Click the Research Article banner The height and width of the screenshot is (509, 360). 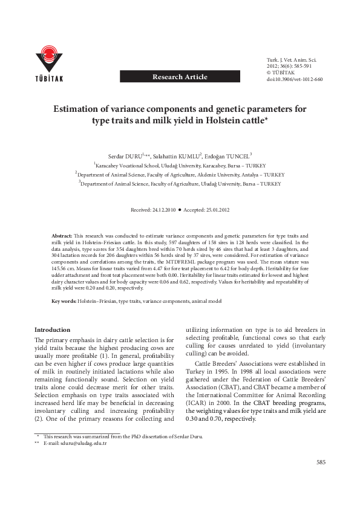coord(180,77)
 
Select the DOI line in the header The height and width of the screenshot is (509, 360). coord(295,79)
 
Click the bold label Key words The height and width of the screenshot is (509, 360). coord(64,300)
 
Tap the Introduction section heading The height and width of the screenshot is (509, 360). coord(53,330)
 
